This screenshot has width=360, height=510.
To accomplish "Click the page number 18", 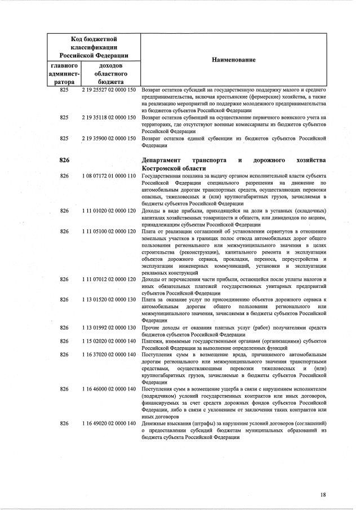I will [x=323, y=495].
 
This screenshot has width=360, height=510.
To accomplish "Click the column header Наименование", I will [x=234, y=60].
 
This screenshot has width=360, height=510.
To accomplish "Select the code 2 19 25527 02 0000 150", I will [x=109, y=90].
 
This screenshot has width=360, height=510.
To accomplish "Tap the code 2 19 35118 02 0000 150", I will [x=109, y=117].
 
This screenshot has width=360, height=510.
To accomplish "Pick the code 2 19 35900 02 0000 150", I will [x=109, y=138].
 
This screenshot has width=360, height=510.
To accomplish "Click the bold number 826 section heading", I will [x=64, y=161].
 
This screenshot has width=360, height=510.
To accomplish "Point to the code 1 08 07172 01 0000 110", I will [x=109, y=176].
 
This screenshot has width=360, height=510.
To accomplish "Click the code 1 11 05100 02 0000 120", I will [x=109, y=231].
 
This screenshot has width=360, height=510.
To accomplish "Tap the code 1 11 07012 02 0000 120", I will [x=109, y=279].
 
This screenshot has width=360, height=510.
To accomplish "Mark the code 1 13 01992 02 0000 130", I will [x=109, y=327].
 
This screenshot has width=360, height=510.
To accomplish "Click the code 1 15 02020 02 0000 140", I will [x=109, y=341].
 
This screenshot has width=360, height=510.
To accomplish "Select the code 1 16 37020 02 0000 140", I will [x=109, y=354].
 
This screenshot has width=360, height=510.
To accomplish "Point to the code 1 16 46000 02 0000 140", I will [x=109, y=389].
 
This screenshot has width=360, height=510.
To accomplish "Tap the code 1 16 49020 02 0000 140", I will [x=109, y=423].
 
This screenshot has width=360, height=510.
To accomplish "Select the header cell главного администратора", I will [x=64, y=73].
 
